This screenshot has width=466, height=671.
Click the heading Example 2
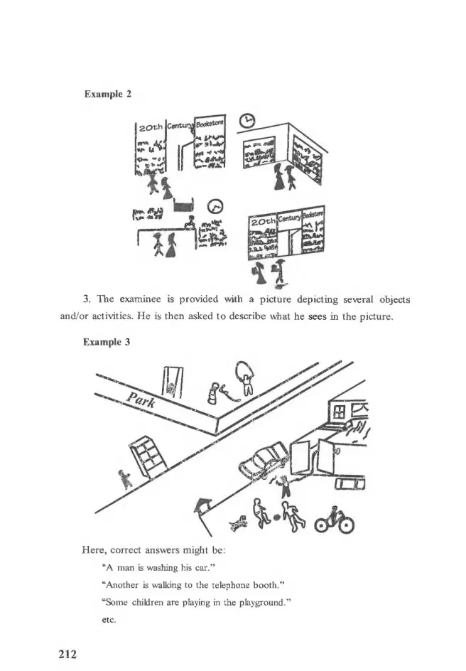[108, 94]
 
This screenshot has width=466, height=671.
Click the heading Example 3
[107, 342]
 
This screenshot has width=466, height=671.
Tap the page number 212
[67, 654]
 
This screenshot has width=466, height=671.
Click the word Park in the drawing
[141, 399]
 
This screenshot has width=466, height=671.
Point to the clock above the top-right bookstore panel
[246, 121]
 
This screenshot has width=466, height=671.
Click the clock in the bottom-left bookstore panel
[215, 207]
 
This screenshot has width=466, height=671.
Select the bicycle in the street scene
[335, 520]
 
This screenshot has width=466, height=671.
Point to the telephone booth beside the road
[148, 456]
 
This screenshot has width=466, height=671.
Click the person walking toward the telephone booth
[125, 479]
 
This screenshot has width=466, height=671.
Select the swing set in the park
[172, 383]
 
